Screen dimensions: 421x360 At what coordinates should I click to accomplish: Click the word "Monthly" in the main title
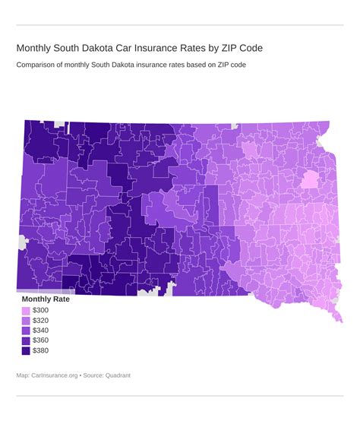38,48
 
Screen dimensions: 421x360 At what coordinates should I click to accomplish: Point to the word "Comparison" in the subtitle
37,65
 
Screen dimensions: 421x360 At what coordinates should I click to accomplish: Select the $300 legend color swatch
26,311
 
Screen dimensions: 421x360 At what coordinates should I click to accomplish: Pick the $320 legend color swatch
26,321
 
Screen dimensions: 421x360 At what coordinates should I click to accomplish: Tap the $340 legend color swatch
26,331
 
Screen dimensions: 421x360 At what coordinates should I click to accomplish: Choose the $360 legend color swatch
26,340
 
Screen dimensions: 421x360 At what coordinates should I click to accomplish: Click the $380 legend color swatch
26,350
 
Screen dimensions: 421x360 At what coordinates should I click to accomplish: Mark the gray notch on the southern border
151,291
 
